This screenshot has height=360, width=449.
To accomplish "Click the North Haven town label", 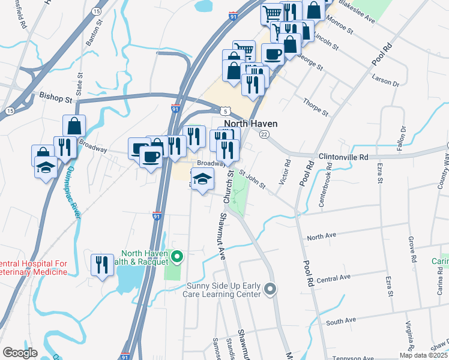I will pyautogui.click(x=255, y=124).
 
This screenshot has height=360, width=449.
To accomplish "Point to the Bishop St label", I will pyautogui.click(x=55, y=95).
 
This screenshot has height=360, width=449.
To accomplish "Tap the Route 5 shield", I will pyautogui.click(x=224, y=111).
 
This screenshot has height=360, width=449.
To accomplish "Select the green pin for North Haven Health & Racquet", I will pyautogui.click(x=176, y=257).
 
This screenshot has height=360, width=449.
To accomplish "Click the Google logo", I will pyautogui.click(x=20, y=352).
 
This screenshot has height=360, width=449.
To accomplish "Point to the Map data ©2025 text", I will pyautogui.click(x=423, y=355).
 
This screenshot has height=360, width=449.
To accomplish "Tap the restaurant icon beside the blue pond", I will pyautogui.click(x=102, y=264).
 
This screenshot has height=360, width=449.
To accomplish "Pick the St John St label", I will pyautogui.click(x=252, y=179).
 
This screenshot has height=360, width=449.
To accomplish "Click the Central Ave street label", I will pyautogui.click(x=333, y=278).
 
